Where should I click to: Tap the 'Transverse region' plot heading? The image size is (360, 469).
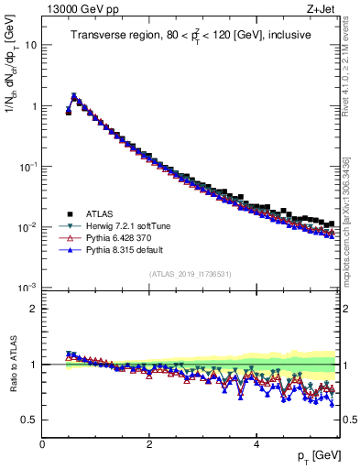click(191, 36)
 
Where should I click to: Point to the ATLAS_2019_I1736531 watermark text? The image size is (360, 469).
click(190, 275)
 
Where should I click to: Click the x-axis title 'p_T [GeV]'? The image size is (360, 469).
click(313, 456)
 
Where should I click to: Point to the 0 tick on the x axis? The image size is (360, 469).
click(42, 442)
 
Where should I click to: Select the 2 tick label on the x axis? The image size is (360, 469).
click(149, 442)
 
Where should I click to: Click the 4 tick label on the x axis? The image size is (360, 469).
click(256, 442)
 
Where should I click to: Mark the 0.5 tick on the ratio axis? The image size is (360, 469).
click(27, 420)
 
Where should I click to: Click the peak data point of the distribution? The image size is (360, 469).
click(74, 96)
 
